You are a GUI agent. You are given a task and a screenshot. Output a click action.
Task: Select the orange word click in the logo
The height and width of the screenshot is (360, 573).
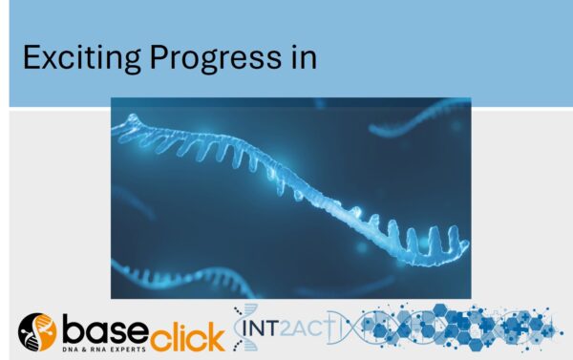[x=188, y=333]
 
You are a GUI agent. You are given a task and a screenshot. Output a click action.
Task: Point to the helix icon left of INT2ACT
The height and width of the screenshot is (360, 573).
[x=246, y=327]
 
